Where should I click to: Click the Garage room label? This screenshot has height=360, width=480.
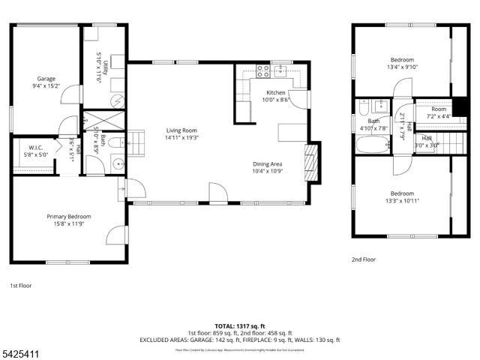46,78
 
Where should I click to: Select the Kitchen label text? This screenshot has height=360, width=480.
275,92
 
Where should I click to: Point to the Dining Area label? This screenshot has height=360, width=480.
267,163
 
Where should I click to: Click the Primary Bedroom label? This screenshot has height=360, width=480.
69,216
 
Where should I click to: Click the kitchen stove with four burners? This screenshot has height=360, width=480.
263,71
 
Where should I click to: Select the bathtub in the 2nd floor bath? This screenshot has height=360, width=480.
372,144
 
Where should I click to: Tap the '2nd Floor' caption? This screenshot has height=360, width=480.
364,259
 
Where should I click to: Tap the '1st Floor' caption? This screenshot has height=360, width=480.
21,286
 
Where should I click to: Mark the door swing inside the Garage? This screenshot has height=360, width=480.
70,94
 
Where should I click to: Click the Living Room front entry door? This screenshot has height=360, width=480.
217,194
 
